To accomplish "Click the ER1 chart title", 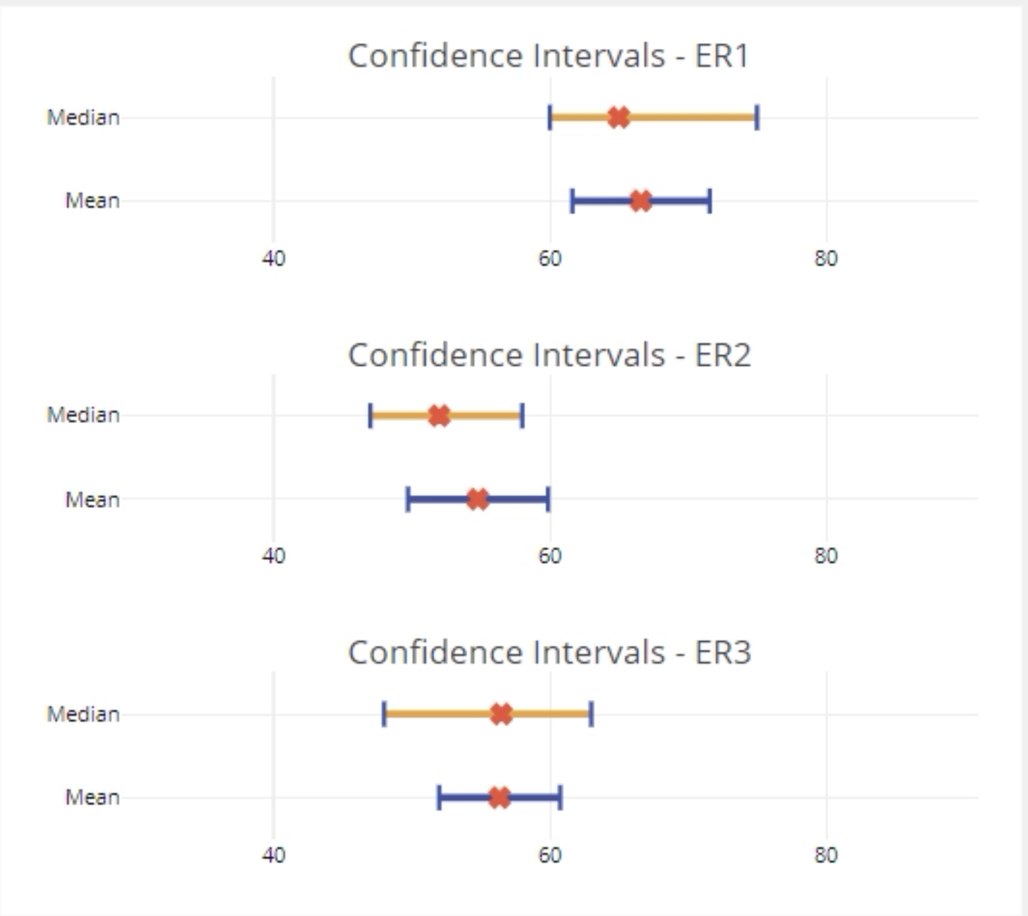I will coord(549,56).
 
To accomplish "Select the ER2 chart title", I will coord(549,355).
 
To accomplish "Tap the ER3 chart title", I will coord(549,653).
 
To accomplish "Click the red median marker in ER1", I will coord(618,118).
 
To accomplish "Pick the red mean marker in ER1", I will coord(641,201).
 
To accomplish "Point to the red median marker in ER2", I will coord(439,416).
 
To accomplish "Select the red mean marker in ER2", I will coord(478,499).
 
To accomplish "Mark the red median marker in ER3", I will coord(501,715).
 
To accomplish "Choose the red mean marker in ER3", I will coord(499,797).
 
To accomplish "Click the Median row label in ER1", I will coord(83,118).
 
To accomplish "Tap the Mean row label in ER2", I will coord(92,500).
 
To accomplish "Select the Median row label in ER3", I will coord(83,715).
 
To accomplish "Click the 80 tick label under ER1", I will coord(826,259).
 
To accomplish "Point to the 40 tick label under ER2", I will coord(273,556).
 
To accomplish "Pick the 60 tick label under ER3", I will coord(549,855).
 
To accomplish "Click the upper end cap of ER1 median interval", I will coord(757,118).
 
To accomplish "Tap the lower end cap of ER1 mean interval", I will coord(572,201).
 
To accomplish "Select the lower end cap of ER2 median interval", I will coord(370,416).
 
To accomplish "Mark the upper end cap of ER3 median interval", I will coord(591,715).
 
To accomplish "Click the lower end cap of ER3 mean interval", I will coord(439,797).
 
